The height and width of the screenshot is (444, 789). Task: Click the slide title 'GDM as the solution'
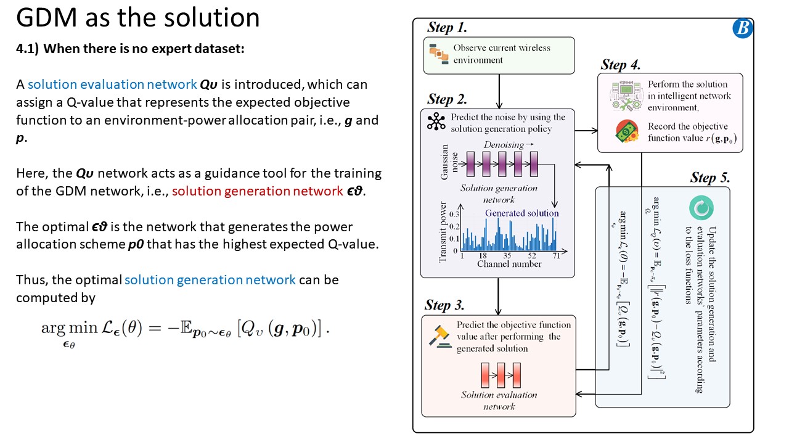tap(137, 18)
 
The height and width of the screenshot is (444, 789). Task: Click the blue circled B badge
tap(742, 28)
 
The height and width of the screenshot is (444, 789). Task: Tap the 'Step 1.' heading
tap(447, 28)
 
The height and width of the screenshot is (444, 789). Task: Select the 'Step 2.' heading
tap(447, 99)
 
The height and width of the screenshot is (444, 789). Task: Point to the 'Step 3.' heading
tap(444, 305)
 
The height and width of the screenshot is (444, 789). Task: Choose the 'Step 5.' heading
tap(709, 178)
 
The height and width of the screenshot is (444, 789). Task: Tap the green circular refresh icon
tap(701, 208)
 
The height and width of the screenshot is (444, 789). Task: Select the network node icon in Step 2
tap(436, 122)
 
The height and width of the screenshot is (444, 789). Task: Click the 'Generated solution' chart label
tap(521, 213)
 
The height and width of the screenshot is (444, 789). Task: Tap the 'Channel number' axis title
tap(509, 264)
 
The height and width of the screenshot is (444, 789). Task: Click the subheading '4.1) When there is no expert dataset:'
tap(130, 49)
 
